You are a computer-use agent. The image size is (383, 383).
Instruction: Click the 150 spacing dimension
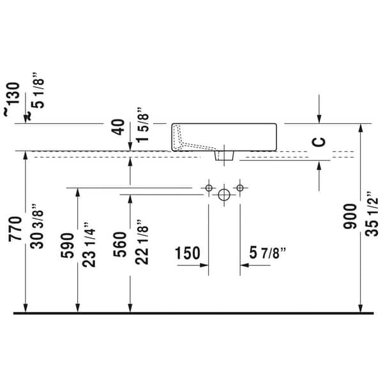point(188,254)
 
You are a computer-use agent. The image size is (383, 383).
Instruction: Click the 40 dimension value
point(117,126)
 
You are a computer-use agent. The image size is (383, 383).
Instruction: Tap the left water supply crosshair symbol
point(208,188)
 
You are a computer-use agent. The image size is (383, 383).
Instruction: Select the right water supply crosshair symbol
point(240,188)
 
